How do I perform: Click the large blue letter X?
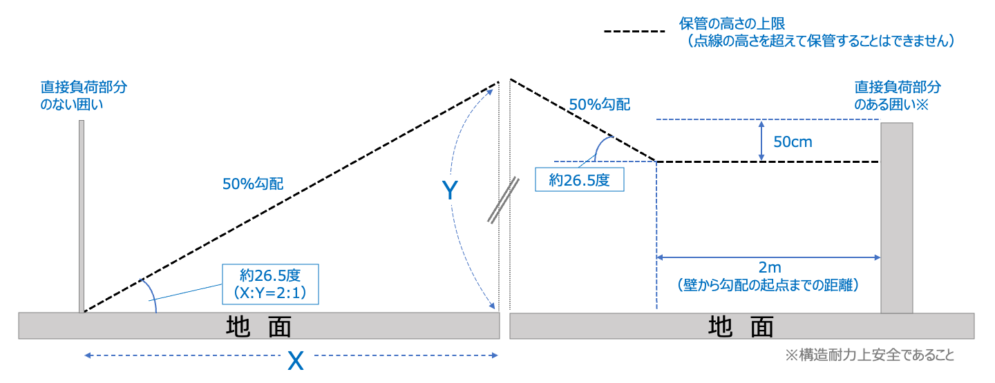click(x=296, y=360)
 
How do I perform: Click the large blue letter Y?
click(x=450, y=191)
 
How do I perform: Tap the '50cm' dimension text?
click(x=793, y=142)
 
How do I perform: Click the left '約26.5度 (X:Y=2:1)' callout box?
click(x=270, y=284)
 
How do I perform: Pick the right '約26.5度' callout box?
click(x=579, y=181)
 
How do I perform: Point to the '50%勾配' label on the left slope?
click(x=253, y=184)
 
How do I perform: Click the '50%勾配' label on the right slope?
click(x=600, y=104)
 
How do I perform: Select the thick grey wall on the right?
click(x=897, y=217)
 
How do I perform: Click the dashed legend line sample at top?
click(x=634, y=32)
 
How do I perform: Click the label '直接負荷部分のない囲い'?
click(x=84, y=96)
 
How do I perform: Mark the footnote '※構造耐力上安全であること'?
click(x=869, y=355)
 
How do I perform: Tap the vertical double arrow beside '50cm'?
click(x=761, y=141)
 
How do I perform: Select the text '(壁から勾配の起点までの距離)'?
click(x=768, y=285)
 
